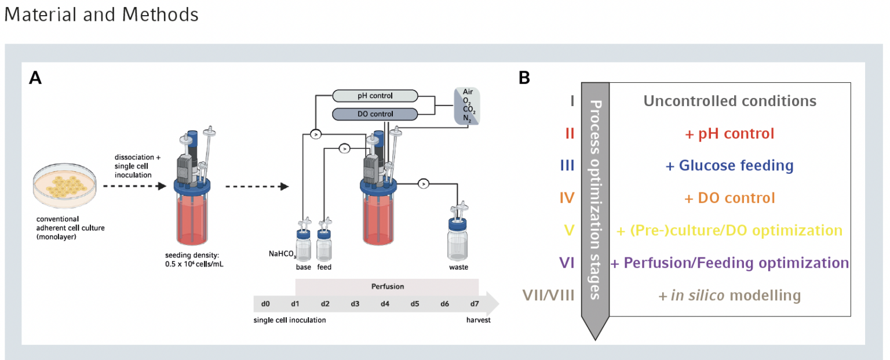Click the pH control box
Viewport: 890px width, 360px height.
coord(375,96)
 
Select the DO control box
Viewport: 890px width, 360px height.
coord(375,114)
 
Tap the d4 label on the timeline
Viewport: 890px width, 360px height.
coord(385,304)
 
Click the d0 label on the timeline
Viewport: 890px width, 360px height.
coord(265,304)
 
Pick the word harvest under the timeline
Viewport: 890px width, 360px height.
coord(479,320)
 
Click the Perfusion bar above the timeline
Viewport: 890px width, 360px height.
coord(387,286)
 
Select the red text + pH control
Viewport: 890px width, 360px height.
coord(729,134)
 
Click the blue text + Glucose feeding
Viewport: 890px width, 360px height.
coord(729,166)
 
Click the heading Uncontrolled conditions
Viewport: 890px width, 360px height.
coord(729,101)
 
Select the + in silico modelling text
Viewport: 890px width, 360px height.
coord(729,296)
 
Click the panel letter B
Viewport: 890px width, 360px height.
coord(524,78)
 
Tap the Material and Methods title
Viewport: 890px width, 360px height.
coord(101,14)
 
